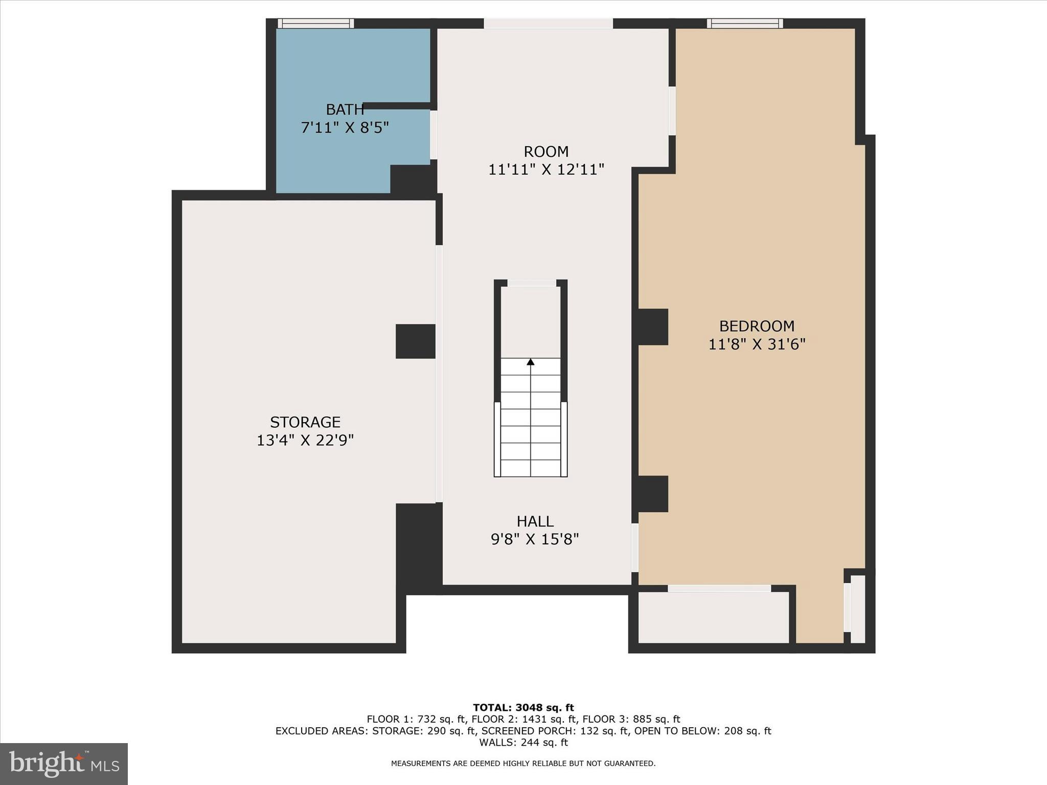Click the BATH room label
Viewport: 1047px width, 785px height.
click(x=345, y=109)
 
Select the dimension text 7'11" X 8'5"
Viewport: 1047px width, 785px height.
click(x=345, y=127)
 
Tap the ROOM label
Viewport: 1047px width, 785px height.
click(x=546, y=152)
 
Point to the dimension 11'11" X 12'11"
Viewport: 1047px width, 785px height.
click(x=546, y=170)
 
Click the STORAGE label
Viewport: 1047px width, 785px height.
click(x=305, y=422)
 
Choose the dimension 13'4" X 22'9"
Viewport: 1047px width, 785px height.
click(x=305, y=440)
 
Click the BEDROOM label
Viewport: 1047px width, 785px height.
click(x=757, y=326)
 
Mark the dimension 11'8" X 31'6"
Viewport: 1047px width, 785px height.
click(x=757, y=344)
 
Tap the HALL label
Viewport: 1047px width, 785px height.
click(x=535, y=521)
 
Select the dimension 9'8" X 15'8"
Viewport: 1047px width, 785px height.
click(x=535, y=539)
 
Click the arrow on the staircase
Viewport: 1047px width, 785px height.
click(x=531, y=362)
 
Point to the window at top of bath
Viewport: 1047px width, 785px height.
click(x=315, y=24)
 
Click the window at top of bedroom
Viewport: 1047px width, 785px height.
click(x=745, y=24)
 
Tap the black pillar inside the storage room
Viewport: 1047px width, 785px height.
click(x=415, y=341)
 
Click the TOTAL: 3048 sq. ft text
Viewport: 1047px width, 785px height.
click(x=523, y=708)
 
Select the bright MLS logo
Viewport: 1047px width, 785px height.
click(x=64, y=764)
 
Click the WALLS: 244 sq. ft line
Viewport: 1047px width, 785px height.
click(x=523, y=743)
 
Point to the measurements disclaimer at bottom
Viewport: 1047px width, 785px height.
click(x=523, y=764)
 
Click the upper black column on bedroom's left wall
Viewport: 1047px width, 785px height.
click(x=651, y=327)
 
